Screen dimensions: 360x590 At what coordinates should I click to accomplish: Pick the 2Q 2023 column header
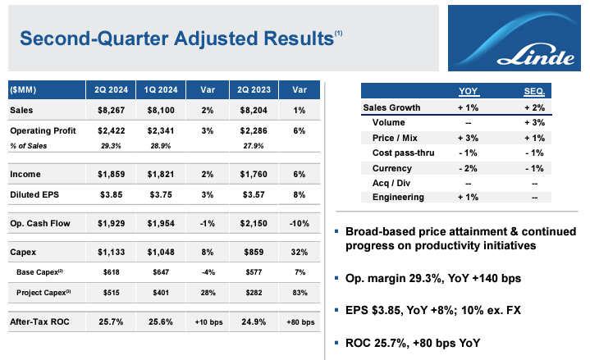click(252, 89)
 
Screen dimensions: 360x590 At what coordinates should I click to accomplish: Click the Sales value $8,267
click(112, 111)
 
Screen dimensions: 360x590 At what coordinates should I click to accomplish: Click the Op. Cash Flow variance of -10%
click(300, 223)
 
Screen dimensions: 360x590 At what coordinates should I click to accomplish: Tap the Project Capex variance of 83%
click(300, 293)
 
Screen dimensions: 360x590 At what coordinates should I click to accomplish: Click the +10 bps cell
click(206, 322)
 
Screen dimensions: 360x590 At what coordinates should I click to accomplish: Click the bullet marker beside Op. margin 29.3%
click(337, 278)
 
